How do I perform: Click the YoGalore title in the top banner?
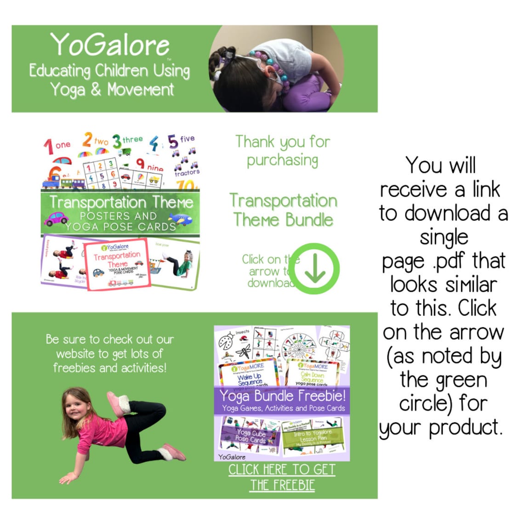pyautogui.click(x=110, y=45)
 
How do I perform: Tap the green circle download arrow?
pyautogui.click(x=315, y=269)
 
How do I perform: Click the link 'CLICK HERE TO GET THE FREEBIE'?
pyautogui.click(x=282, y=477)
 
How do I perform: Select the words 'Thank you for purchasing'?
pyautogui.click(x=283, y=150)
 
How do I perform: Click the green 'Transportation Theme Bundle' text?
pyautogui.click(x=283, y=210)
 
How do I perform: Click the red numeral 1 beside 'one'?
pyautogui.click(x=48, y=147)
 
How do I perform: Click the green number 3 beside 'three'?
pyautogui.click(x=117, y=141)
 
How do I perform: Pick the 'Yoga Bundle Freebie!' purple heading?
pyautogui.click(x=282, y=396)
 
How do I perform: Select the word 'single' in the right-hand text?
pyautogui.click(x=444, y=238)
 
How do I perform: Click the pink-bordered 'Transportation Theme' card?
pyautogui.click(x=118, y=264)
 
